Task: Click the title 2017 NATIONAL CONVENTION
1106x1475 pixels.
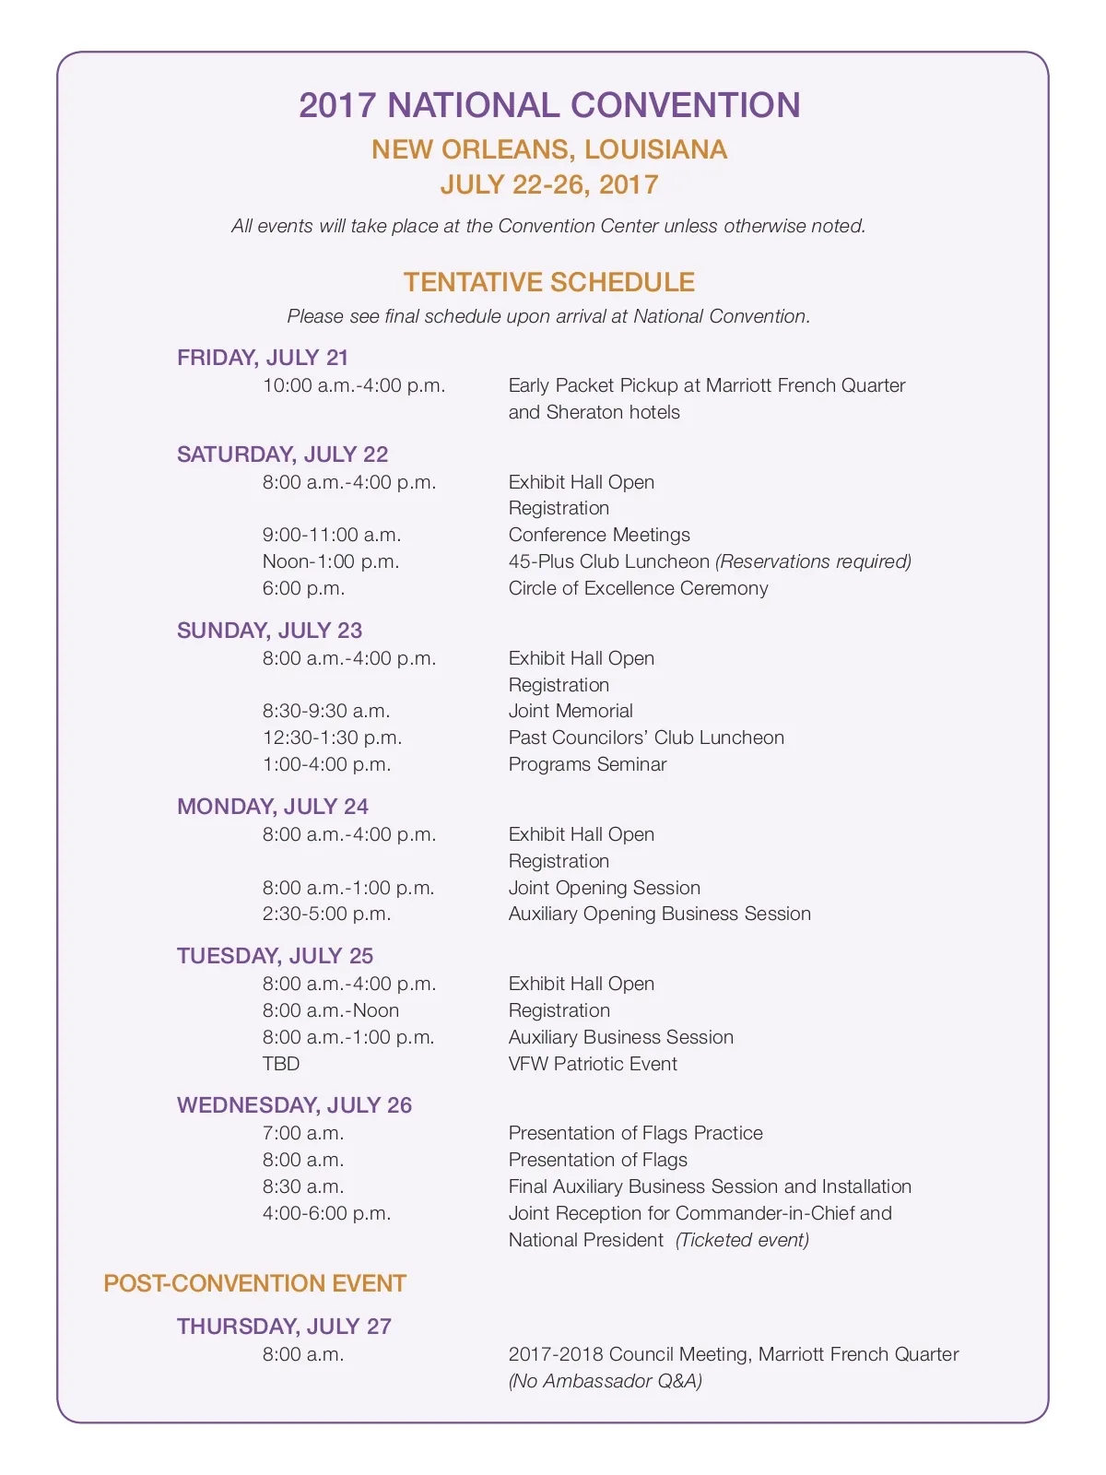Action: [x=549, y=105]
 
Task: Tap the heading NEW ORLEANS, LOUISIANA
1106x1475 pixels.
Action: [x=549, y=149]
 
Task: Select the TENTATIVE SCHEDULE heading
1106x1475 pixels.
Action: [x=549, y=282]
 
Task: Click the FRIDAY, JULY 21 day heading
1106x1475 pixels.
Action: [x=263, y=358]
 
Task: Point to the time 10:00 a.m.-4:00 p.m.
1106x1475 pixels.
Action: [x=354, y=385]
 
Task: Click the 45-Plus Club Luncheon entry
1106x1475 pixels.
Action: [x=609, y=561]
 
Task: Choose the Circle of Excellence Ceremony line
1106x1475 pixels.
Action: [x=638, y=588]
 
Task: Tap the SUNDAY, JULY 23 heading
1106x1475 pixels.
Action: [x=269, y=631]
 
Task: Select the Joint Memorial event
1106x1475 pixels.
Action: [x=571, y=711]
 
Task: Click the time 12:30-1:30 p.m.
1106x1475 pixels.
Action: [x=332, y=737]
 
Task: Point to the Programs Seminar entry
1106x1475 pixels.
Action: [x=587, y=764]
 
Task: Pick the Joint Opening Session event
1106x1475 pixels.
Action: [x=604, y=888]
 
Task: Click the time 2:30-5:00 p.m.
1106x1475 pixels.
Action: [x=326, y=914]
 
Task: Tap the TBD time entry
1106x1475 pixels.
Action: [x=281, y=1064]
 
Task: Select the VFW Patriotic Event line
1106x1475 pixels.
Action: [x=593, y=1064]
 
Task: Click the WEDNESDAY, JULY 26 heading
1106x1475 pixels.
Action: [x=294, y=1105]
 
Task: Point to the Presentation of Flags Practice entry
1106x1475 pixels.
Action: [x=635, y=1133]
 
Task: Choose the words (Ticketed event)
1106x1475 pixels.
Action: [x=742, y=1240]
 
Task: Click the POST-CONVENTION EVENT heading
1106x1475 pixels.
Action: [x=254, y=1283]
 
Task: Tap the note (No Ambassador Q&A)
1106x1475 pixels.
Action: [x=605, y=1381]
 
